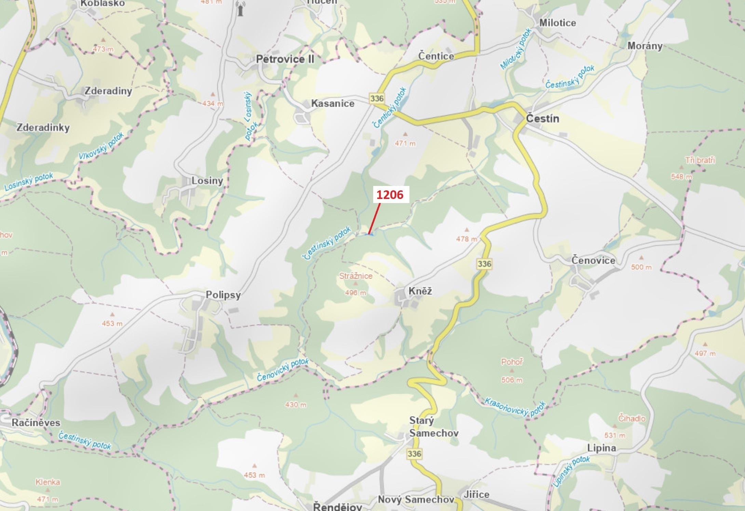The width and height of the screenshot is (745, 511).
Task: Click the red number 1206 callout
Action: point(390,195)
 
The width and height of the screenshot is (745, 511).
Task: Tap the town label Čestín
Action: point(542,119)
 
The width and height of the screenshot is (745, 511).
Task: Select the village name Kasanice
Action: point(333,104)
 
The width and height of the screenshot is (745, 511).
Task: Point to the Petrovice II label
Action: point(285,59)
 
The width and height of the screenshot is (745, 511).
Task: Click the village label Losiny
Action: point(207,180)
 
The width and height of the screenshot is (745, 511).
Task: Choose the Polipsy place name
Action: point(223,295)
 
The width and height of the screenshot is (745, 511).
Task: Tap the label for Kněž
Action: point(420,291)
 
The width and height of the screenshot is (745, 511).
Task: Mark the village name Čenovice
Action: point(593,260)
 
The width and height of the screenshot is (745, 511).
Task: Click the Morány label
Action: point(645,46)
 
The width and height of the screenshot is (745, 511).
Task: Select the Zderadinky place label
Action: point(43,127)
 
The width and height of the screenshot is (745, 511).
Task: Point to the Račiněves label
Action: point(36,423)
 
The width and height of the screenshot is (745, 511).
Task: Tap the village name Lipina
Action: point(601,448)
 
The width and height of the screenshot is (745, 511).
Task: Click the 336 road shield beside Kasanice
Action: point(377,99)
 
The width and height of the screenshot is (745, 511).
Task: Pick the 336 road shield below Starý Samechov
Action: point(414,454)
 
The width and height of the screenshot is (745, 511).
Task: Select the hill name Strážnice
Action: point(356,276)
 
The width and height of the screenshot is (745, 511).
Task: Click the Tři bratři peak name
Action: point(700,160)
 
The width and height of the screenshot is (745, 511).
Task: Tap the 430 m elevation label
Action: point(296,405)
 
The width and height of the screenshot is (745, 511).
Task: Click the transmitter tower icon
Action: point(241,9)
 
